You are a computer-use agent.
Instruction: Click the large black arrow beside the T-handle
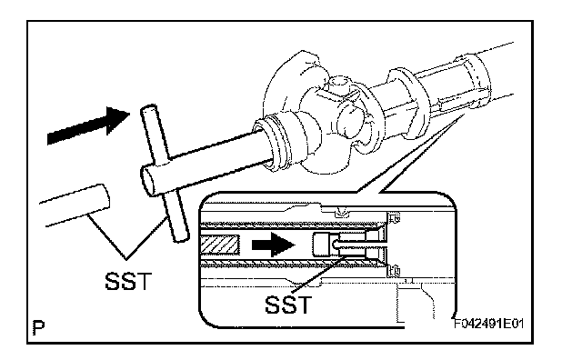tap(89, 125)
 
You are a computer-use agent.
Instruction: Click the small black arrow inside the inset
tap(274, 245)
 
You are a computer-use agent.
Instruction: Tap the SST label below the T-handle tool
tap(128, 281)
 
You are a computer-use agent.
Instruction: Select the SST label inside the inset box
tap(288, 305)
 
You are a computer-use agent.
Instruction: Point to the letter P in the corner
tap(38, 327)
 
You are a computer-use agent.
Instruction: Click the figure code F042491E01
tap(489, 324)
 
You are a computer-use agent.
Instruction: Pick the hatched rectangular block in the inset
tap(220, 245)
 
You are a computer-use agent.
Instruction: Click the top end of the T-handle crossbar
tap(148, 110)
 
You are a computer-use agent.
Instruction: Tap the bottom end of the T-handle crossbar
tap(181, 236)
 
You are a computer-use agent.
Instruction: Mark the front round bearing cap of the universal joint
tap(349, 122)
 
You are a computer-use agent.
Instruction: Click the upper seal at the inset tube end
tap(395, 218)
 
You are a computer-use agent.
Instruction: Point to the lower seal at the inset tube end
tap(395, 270)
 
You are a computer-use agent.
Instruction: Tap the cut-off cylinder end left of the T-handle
tap(101, 197)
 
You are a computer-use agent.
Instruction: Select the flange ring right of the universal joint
tap(404, 104)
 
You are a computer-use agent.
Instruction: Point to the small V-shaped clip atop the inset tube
tap(341, 213)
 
